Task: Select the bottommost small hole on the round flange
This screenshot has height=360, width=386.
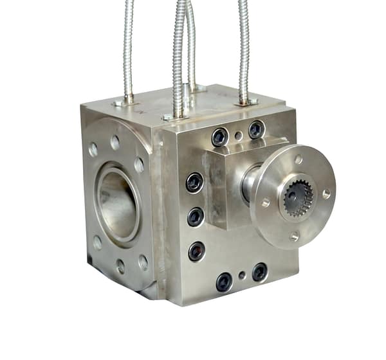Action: (x=295, y=236)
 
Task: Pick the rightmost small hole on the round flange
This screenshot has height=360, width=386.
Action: (x=327, y=192)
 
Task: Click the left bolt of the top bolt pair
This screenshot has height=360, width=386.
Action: (x=219, y=136)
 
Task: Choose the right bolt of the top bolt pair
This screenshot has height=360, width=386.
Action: (x=256, y=129)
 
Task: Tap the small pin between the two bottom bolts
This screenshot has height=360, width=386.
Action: (x=242, y=276)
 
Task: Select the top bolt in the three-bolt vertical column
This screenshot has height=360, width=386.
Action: (x=194, y=183)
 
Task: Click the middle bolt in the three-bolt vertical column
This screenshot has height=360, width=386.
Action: (x=196, y=217)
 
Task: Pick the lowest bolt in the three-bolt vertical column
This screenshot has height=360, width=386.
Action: (x=196, y=251)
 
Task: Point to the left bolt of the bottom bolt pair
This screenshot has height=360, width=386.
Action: (x=224, y=281)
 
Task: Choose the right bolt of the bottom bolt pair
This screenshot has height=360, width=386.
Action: (x=259, y=272)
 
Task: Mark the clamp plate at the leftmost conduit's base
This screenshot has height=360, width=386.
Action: (x=127, y=101)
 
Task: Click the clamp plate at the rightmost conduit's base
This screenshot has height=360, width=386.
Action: (x=245, y=101)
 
